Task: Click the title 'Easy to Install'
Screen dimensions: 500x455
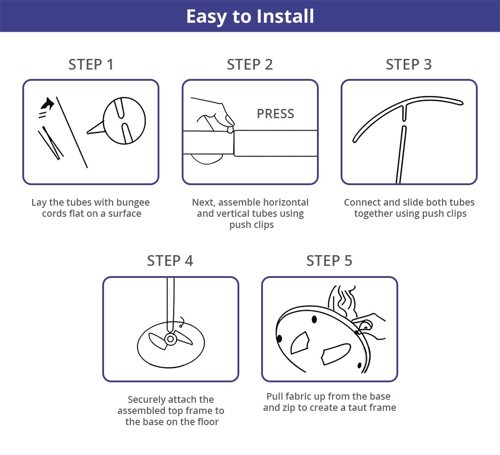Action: point(250,16)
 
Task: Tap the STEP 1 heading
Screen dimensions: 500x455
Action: point(91,64)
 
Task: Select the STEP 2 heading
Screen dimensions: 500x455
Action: point(250,64)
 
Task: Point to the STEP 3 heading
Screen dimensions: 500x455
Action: point(408,64)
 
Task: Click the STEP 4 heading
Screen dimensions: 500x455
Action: point(170,261)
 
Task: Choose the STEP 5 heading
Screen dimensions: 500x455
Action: point(329,261)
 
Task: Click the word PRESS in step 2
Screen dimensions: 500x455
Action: point(275,114)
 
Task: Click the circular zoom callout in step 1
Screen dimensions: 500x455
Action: point(124,121)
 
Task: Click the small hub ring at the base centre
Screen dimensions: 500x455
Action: point(170,339)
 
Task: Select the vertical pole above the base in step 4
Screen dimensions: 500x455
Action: point(171,304)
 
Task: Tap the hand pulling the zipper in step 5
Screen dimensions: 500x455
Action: point(371,325)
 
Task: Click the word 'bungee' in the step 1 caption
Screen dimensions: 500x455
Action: point(133,203)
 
